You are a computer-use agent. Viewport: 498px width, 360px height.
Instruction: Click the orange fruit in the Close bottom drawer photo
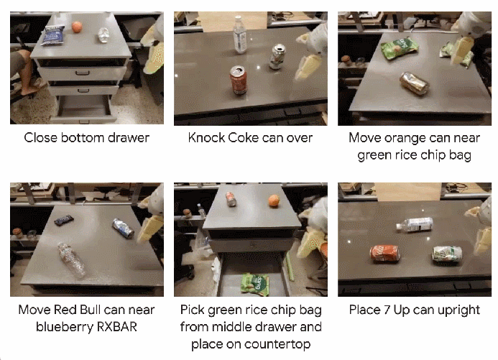pos(77,27)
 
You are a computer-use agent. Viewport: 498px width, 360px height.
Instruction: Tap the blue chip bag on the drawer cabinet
pos(53,35)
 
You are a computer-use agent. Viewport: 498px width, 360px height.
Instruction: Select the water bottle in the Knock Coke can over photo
pos(239,34)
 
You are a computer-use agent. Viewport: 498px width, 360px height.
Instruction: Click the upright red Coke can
pos(239,80)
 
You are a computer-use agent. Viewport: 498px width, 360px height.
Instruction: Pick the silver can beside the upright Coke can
pos(277,57)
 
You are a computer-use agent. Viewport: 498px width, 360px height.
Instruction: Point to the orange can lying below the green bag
pos(414,83)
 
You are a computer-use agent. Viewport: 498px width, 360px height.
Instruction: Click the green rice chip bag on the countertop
pos(400,48)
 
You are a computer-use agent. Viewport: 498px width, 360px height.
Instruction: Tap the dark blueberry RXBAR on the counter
pos(64,220)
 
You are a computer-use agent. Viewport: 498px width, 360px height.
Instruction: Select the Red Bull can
pos(123,228)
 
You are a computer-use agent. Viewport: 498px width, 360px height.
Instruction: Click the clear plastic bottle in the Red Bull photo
pos(71,260)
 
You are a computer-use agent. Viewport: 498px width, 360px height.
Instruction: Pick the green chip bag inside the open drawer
pos(255,284)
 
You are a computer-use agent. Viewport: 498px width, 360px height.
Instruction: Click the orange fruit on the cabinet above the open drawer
pos(274,201)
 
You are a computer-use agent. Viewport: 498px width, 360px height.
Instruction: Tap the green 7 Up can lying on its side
pos(447,254)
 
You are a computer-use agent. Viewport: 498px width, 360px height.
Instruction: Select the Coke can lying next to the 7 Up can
pos(385,253)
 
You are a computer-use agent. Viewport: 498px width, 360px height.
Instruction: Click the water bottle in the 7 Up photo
pos(415,224)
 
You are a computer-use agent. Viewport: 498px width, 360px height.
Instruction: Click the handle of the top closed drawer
pos(82,73)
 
